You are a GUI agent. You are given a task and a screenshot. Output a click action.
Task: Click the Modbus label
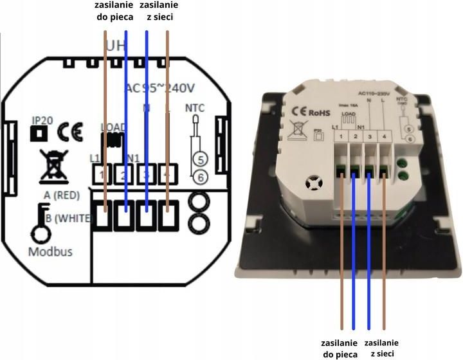(x=50, y=251)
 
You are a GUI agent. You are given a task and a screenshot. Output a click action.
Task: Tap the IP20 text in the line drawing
(x=42, y=120)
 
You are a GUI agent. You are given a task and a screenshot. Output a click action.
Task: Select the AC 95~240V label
(x=159, y=88)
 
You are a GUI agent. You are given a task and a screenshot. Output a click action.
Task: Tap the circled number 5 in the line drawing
(x=199, y=159)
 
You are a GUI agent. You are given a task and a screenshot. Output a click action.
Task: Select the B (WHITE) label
(x=66, y=219)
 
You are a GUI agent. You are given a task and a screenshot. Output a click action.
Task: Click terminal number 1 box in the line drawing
(x=102, y=174)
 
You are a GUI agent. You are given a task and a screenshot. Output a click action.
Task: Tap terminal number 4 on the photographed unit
(x=384, y=136)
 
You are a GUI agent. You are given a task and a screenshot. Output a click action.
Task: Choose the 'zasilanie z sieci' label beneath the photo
(x=381, y=348)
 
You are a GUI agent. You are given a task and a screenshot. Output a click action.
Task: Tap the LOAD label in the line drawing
(x=114, y=127)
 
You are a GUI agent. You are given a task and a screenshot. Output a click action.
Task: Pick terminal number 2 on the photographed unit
(x=354, y=136)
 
